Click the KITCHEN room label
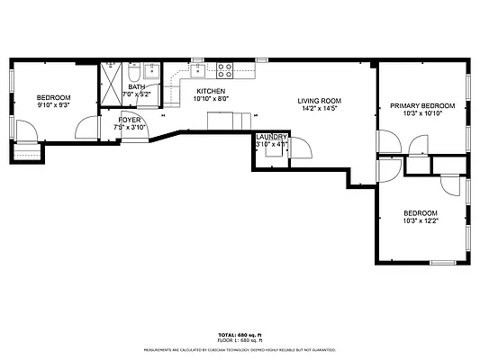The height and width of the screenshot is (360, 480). tap(211, 91)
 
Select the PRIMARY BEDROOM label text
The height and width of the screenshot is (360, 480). tap(422, 105)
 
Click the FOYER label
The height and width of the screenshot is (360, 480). tap(129, 119)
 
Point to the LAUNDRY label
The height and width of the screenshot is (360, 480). tap(270, 136)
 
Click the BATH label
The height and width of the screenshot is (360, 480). tap(136, 86)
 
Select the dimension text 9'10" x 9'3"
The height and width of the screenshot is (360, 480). tap(53, 105)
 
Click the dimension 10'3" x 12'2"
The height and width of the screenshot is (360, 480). tap(421, 220)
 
